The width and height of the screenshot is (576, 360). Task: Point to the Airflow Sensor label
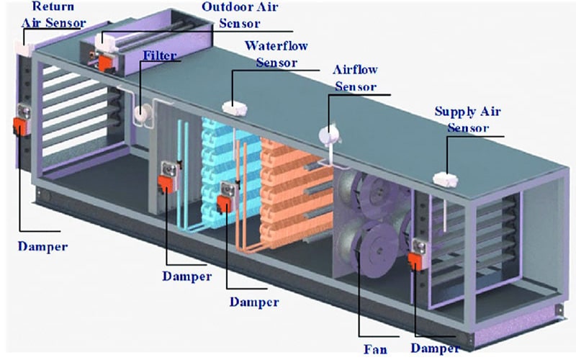pos(355,78)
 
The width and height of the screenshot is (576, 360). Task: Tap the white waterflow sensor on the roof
pos(234,108)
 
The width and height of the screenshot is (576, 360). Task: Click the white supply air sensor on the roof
pos(441,179)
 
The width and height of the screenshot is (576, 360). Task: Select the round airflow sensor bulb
pos(329,134)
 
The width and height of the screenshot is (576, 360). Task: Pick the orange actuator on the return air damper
pos(19,127)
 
